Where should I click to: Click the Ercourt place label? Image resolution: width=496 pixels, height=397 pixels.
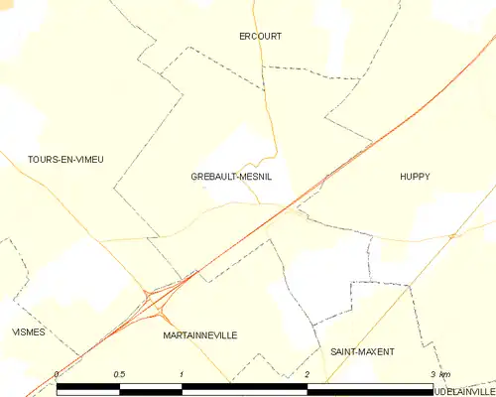point(261,37)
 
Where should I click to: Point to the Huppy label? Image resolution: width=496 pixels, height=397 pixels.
point(415,177)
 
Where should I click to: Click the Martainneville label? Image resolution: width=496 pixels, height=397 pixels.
point(199,336)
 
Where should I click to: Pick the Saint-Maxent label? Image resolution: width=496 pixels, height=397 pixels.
point(362,352)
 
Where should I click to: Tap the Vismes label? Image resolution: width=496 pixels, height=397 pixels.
point(28,331)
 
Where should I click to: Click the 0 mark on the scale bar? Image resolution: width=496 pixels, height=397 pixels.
point(58,374)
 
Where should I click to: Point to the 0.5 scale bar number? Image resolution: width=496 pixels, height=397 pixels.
point(119,374)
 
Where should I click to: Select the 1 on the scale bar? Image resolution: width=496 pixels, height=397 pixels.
point(183,374)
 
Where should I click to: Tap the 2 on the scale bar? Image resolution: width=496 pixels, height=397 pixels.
point(308,374)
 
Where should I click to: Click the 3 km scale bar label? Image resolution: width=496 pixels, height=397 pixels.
point(440,374)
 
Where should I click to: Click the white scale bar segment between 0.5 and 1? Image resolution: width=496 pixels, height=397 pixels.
point(151,387)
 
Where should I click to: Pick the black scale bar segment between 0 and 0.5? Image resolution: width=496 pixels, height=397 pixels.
point(88,387)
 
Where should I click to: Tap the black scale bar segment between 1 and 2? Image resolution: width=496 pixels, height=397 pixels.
point(245,387)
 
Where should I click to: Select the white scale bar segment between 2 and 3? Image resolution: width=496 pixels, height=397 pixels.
point(370,387)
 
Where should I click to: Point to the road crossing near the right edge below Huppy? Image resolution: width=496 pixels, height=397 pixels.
point(452,235)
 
